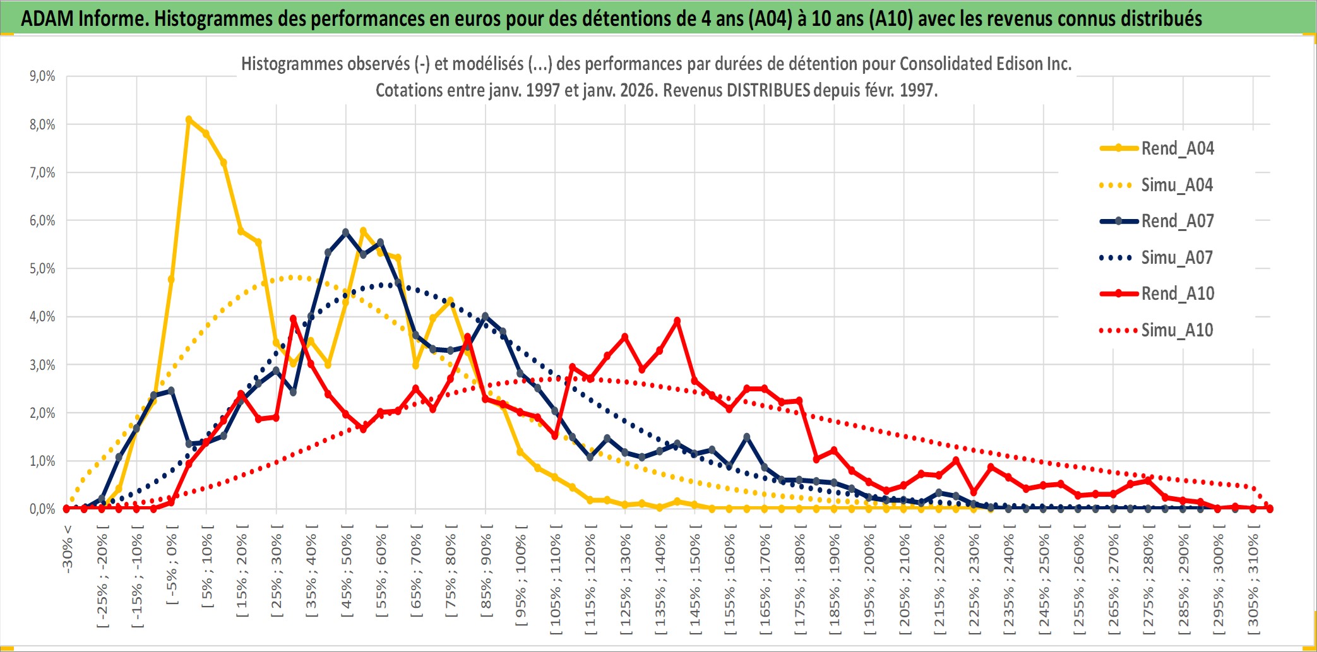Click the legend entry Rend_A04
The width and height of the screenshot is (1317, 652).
[x=1177, y=148]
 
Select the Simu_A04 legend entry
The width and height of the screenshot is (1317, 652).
[x=1177, y=185]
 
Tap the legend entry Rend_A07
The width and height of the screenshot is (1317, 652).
[x=1177, y=221]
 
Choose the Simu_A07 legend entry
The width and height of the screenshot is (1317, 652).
[x=1177, y=258]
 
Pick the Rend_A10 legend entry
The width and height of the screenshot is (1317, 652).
[x=1177, y=293]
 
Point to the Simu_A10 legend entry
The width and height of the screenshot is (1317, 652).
[x=1177, y=330]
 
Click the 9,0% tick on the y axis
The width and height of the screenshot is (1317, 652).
[x=42, y=76]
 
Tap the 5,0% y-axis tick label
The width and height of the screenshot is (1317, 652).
[x=42, y=269]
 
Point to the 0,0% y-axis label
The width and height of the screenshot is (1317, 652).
[x=42, y=509]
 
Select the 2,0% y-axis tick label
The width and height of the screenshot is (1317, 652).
[x=42, y=413]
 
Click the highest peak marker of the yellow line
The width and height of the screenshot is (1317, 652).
[x=189, y=119]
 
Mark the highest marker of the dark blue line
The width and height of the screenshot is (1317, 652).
[x=345, y=232]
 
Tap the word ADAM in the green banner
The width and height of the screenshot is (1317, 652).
[x=48, y=18]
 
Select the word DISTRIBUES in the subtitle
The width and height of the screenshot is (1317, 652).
[x=768, y=90]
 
